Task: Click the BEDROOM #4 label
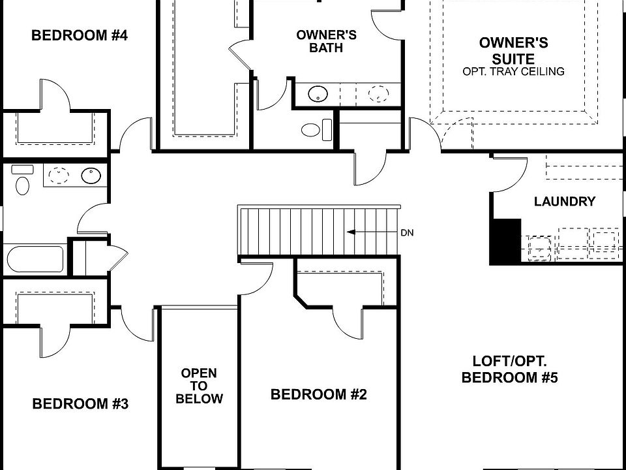[79, 35]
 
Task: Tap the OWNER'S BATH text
[326, 41]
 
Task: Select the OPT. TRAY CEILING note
[513, 71]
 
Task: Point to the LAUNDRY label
[564, 202]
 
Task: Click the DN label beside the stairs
[407, 232]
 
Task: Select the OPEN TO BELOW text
[199, 385]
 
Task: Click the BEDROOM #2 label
[319, 394]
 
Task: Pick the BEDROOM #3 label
[80, 404]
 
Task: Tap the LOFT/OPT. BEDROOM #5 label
[509, 369]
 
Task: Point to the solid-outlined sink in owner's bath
[318, 94]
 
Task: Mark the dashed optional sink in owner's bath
[378, 94]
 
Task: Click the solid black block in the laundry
[505, 241]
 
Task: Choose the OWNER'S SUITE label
[513, 50]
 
